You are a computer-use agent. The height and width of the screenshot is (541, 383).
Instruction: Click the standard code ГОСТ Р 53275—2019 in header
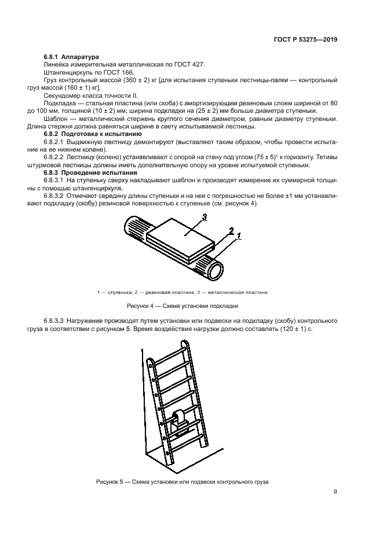[x=306, y=40]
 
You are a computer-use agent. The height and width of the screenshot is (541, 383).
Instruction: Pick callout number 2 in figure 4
[x=231, y=231]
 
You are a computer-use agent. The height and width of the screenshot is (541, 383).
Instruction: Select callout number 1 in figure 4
[x=238, y=235]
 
